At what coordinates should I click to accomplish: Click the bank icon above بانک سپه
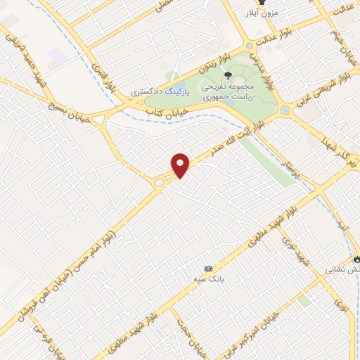tap(208, 269)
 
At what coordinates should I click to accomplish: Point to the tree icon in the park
tap(226, 75)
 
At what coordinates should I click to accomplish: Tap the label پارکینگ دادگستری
tap(160, 92)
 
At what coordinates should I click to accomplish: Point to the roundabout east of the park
tap(285, 111)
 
